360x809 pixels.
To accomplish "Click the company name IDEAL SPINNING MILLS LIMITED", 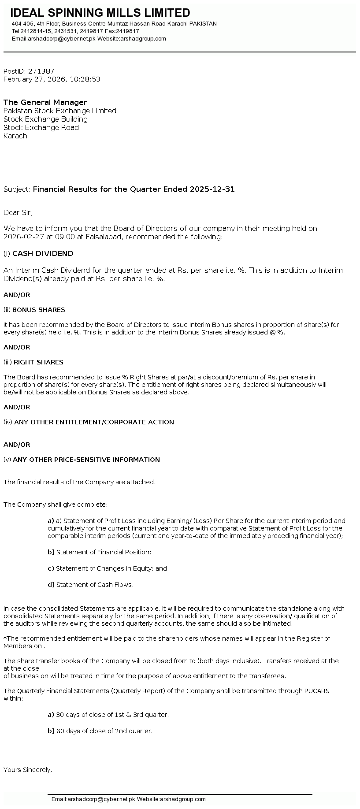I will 100,13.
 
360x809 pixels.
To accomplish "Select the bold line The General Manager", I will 45,102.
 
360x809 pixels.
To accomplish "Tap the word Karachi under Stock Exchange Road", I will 16,136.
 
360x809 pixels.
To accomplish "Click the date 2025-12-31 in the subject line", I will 212,189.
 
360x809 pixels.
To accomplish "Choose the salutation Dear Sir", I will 18,212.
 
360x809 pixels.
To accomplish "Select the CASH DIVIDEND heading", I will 43,253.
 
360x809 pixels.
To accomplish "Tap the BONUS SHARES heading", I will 39,310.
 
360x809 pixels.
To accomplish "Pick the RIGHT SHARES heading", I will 38,362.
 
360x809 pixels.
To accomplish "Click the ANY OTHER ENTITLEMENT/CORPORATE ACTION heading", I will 94,422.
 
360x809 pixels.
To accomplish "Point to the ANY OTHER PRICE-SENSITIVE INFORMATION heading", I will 86,460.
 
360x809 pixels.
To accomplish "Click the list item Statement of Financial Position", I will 104,552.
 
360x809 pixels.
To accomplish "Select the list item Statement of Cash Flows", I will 95,585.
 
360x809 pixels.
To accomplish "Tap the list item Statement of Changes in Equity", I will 111,568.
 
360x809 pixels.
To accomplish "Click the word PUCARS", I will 317,690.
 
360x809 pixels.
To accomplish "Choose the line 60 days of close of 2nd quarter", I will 104,731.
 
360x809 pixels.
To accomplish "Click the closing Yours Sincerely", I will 28,770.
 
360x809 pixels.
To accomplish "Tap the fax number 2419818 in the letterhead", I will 128,31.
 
